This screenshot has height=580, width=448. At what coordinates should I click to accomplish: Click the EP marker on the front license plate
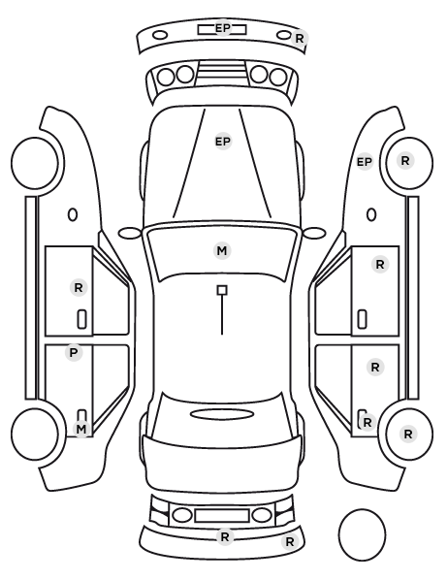[222, 28]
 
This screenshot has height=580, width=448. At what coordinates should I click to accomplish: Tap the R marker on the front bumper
[300, 38]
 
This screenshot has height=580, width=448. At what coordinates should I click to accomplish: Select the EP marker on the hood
[223, 142]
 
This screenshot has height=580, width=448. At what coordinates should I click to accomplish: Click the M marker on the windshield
[222, 251]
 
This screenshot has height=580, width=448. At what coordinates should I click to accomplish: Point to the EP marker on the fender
[364, 162]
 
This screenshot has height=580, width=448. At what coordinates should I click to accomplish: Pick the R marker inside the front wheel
[405, 161]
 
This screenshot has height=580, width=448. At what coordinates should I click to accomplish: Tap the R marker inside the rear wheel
[408, 434]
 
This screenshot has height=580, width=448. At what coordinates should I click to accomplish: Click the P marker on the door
[74, 352]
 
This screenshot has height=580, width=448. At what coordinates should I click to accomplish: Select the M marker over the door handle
[81, 429]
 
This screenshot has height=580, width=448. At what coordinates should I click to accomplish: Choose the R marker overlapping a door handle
[368, 423]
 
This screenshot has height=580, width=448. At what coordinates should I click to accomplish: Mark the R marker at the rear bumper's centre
[225, 536]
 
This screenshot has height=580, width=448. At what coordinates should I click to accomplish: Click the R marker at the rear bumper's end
[290, 542]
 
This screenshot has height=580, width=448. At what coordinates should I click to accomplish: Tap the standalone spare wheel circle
[362, 534]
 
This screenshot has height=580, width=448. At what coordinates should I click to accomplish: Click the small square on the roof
[222, 290]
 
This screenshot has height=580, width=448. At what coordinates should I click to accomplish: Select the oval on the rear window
[222, 414]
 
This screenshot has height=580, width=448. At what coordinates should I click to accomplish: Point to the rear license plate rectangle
[222, 515]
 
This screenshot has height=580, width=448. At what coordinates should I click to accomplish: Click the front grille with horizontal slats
[222, 74]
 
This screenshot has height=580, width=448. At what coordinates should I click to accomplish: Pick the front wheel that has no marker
[35, 164]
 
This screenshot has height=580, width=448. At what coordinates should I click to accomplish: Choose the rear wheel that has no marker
[35, 434]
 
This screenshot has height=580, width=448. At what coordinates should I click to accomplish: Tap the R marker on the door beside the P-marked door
[79, 287]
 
